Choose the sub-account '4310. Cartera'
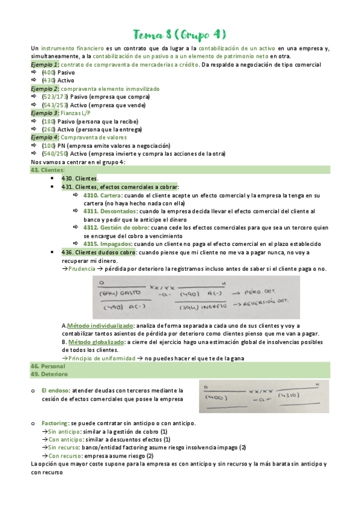click(x=102, y=195)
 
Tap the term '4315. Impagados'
click(x=106, y=244)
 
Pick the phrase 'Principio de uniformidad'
click(x=101, y=358)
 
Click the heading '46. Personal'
click(x=47, y=366)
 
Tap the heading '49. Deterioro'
click(x=49, y=374)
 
